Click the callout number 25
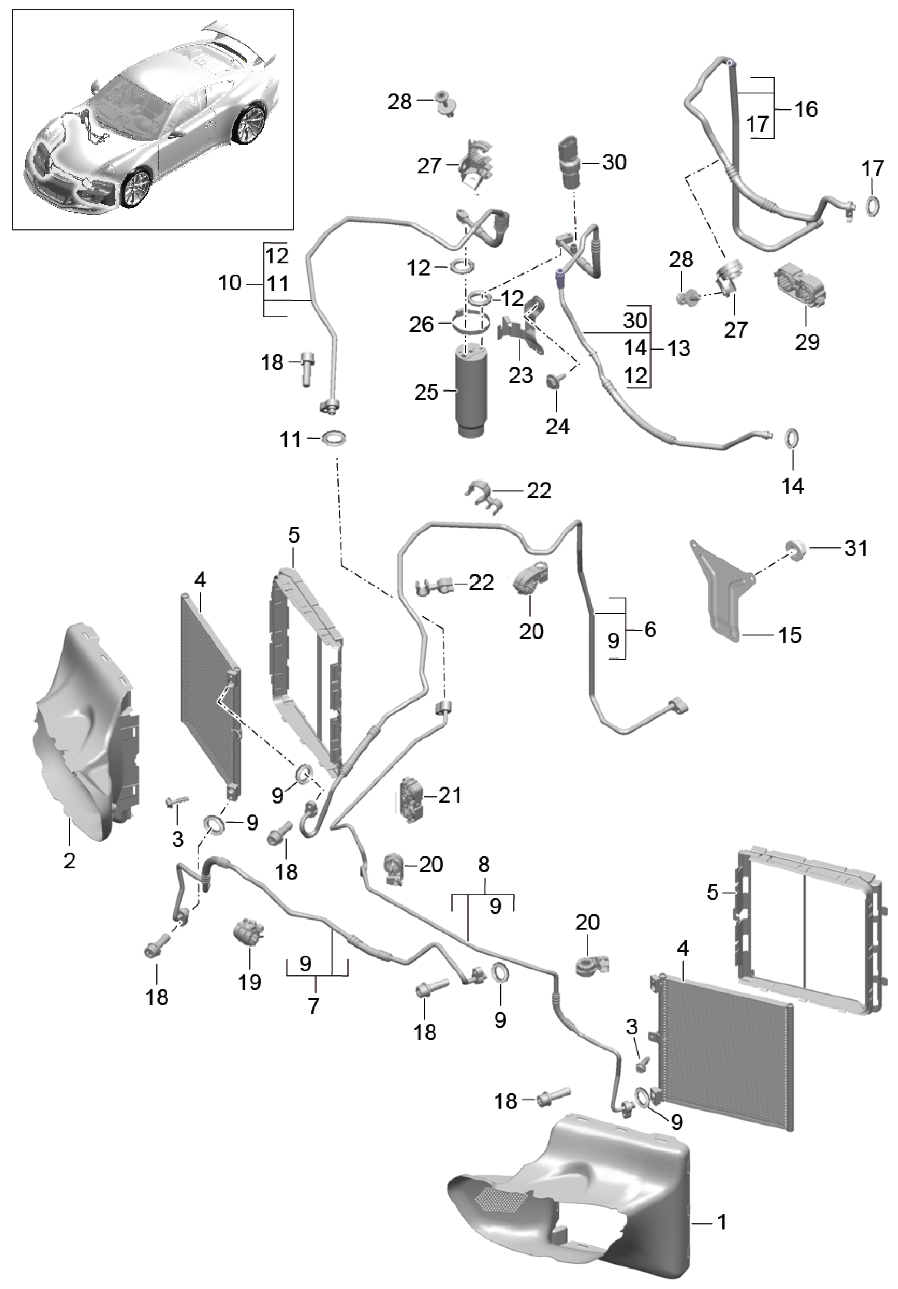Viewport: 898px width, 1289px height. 426,392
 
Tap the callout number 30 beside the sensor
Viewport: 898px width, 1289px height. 614,162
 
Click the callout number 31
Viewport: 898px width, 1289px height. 856,548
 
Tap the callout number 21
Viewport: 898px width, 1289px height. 450,795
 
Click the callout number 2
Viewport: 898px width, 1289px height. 69,860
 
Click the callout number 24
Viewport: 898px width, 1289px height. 557,427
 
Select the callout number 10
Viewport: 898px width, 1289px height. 229,283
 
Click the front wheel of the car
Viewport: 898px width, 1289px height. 135,189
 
